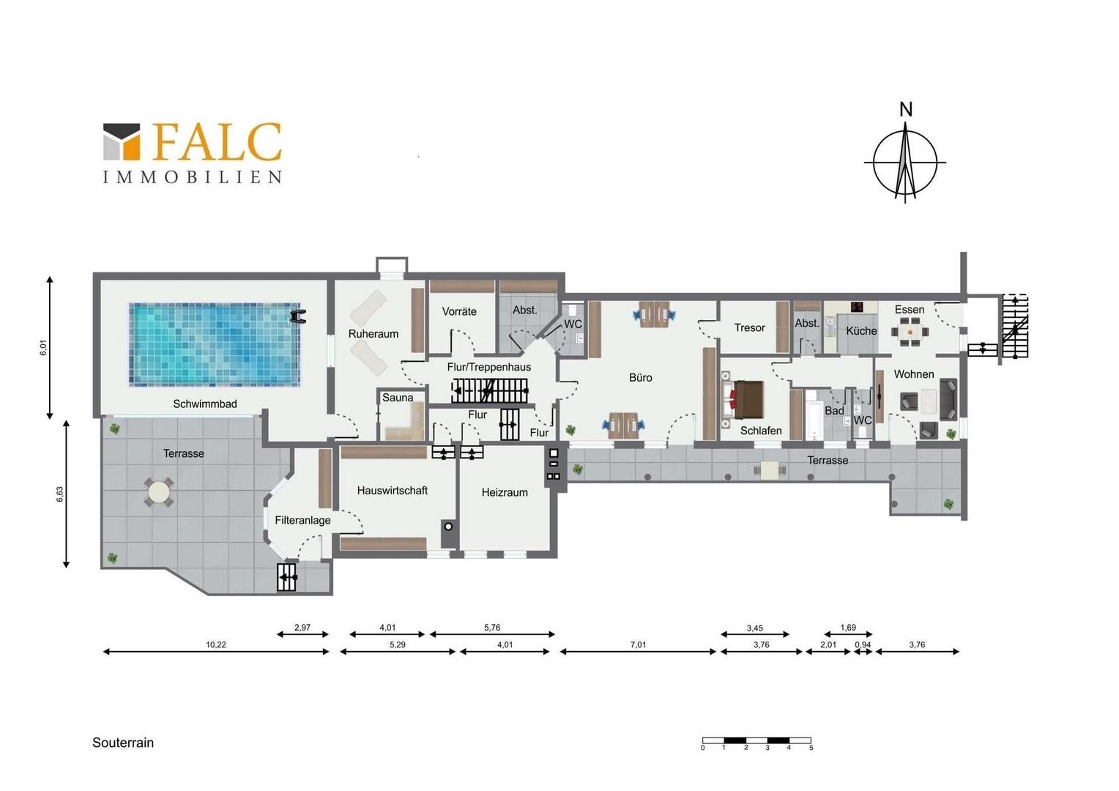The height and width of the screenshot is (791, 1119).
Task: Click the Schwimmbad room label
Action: pyautogui.click(x=205, y=404)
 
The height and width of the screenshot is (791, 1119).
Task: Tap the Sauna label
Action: pyautogui.click(x=398, y=398)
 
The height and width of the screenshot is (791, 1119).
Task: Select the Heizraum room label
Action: pyautogui.click(x=505, y=492)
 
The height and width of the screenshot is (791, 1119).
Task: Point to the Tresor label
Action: pyautogui.click(x=749, y=328)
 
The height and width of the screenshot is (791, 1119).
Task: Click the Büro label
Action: pyautogui.click(x=641, y=378)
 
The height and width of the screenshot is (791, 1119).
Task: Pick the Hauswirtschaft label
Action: pyautogui.click(x=392, y=491)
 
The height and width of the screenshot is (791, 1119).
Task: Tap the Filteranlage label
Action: pyautogui.click(x=302, y=520)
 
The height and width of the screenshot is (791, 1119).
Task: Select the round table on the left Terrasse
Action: pyautogui.click(x=158, y=493)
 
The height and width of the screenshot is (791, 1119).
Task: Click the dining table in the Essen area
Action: pyautogui.click(x=910, y=331)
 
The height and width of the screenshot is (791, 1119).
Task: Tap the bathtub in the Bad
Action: pyautogui.click(x=812, y=415)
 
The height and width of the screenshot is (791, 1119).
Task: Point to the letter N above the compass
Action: pyautogui.click(x=906, y=109)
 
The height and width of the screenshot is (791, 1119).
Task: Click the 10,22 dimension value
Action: pyautogui.click(x=216, y=645)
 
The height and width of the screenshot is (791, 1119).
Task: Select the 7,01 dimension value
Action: pyautogui.click(x=638, y=645)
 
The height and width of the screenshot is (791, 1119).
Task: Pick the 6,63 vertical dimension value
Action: pyautogui.click(x=60, y=494)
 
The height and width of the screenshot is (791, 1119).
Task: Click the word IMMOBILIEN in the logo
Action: pyautogui.click(x=193, y=177)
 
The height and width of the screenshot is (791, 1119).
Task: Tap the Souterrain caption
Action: pyautogui.click(x=123, y=743)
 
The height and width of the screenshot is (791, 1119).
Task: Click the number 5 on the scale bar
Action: pyautogui.click(x=811, y=748)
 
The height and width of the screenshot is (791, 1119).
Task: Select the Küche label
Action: pyautogui.click(x=861, y=331)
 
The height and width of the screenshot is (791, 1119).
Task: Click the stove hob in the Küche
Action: pyautogui.click(x=858, y=306)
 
